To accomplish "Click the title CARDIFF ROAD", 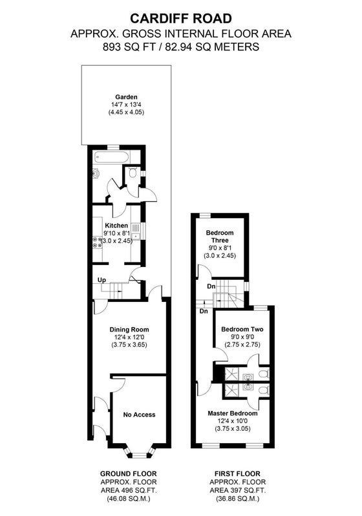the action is pos(180,19).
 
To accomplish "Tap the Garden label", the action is pos(126,97).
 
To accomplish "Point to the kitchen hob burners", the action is pos(97,242).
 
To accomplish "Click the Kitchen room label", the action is pos(116,226).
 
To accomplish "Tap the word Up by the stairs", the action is pos(102,280).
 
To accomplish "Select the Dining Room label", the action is pos(129,330).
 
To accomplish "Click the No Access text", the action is pos(139,415).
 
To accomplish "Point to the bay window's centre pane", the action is pos(139,455).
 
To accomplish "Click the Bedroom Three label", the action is pos(220,236).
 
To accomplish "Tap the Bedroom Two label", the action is pos(242,330).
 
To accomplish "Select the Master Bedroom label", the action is pos(233,413).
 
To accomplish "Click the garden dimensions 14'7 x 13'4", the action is pos(126,104).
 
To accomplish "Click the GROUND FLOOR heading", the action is pos(129,474).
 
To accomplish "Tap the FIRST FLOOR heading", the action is pos(237,474).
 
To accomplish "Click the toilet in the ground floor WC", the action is pos(133,172).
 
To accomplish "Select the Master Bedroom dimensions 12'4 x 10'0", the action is pos(233,421).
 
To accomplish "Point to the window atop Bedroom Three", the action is pos(205,215).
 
